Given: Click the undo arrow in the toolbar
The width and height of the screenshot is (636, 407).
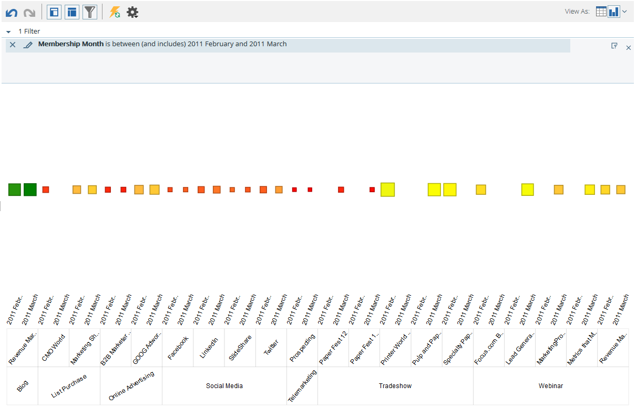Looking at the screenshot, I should coord(11,13).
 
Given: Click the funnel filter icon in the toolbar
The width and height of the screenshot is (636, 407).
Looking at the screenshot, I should coord(90,12).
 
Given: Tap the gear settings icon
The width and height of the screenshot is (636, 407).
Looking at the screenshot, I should coord(132,12).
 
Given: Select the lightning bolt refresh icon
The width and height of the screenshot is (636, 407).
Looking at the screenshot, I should coord(115,12).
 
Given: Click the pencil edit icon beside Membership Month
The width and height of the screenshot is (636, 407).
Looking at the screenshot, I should coord(28,45).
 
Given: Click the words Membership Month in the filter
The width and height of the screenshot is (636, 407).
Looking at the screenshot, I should coord(70,44).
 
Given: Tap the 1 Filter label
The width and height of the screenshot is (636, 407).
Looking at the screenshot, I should coord(29,32).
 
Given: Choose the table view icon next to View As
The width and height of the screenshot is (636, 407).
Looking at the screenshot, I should coord(601,12).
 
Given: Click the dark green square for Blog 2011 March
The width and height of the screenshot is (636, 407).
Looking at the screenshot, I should coord(30,190).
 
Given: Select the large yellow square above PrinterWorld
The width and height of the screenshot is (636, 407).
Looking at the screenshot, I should coord(387,190).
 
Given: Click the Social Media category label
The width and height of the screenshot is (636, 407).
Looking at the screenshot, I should coord(224,386).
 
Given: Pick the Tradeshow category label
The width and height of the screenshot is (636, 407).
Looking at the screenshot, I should coord(395,386).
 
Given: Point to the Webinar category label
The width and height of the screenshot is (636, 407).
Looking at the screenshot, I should coord(550,386).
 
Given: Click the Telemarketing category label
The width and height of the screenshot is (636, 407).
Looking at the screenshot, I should coord(302,387).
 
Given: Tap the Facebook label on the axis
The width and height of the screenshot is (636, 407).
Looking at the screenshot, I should coord(178,348).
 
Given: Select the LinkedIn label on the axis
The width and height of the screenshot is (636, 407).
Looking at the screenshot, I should coord(209,348).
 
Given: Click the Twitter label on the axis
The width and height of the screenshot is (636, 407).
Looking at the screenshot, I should coord(271,348).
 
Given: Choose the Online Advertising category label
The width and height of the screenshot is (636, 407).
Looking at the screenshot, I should coord(131,387).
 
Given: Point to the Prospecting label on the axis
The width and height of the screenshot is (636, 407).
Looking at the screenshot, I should coord(302,348).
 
